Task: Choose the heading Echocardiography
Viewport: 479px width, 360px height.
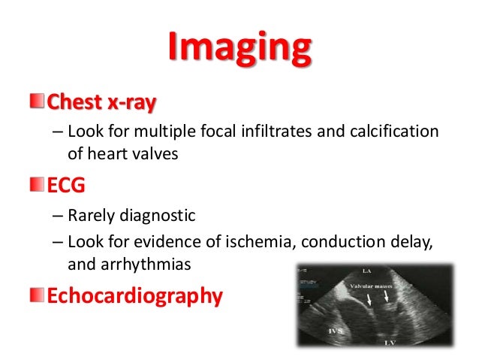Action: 134,295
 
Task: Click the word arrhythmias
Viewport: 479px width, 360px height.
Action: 145,264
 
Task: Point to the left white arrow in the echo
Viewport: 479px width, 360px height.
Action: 369,299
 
